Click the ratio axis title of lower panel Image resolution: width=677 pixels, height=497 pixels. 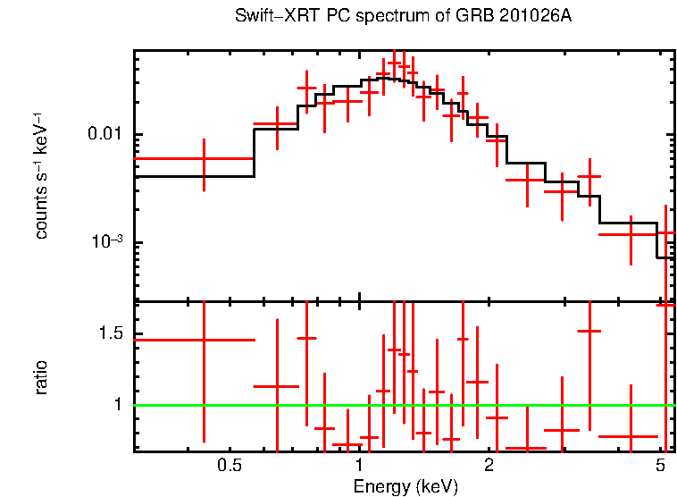(41, 377)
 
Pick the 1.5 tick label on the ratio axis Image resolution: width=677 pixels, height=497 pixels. (110, 334)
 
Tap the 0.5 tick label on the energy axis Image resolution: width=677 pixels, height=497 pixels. (230, 466)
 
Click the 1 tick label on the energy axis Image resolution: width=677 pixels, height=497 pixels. (359, 466)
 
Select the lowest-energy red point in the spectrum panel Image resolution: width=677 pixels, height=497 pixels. (205, 158)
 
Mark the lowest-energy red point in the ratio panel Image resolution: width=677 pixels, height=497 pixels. (205, 340)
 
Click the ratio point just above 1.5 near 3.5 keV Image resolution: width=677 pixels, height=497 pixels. (589, 331)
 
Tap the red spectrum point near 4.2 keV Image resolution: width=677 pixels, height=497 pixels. (631, 234)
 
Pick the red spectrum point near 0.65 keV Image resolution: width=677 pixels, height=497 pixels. (278, 124)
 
